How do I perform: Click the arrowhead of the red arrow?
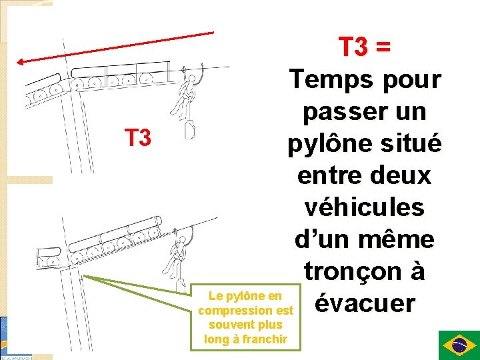(21, 62)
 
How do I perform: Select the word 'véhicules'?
(365, 207)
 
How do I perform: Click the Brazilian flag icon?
(458, 345)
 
